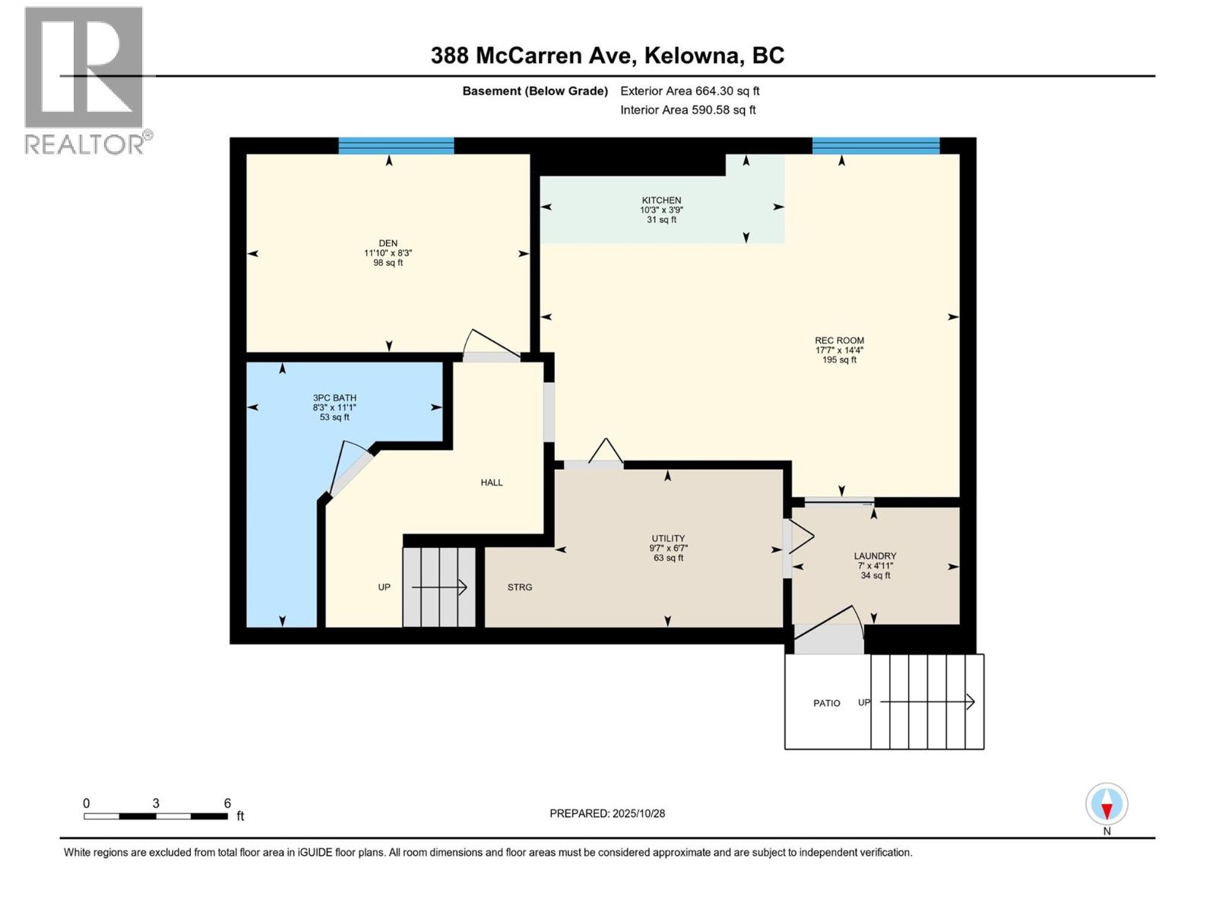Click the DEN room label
[x=388, y=243]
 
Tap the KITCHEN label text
[x=661, y=201]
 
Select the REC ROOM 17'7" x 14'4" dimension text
[x=839, y=350]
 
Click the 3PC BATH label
[x=334, y=397]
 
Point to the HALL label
[x=492, y=483]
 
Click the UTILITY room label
[x=668, y=538]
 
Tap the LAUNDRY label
[x=875, y=556]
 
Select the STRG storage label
[x=520, y=587]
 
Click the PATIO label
[x=827, y=703]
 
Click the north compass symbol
[x=1107, y=805]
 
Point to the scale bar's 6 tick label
[x=227, y=803]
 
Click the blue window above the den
[x=396, y=146]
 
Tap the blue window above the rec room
[x=876, y=146]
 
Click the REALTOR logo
[x=84, y=80]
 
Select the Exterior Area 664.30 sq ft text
[x=689, y=91]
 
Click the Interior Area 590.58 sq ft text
[x=688, y=110]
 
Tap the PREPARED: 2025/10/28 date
[x=607, y=813]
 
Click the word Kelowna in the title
[x=692, y=55]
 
